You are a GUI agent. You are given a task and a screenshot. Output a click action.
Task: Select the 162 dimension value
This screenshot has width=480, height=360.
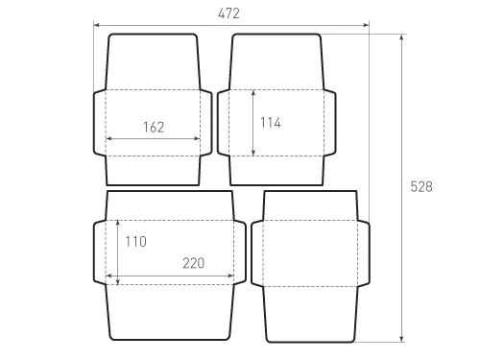pos(153,127)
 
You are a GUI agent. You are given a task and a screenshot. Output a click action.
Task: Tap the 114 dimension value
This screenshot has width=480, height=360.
pos(270,122)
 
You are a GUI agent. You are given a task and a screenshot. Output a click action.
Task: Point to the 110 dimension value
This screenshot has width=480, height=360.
pos(135,242)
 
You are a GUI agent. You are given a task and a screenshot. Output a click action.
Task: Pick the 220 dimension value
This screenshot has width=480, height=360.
pos(195,263)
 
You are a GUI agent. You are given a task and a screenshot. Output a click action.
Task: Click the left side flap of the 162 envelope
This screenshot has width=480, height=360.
pos(99,122)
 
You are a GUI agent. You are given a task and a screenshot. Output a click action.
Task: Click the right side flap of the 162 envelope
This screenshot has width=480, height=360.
pos(206,122)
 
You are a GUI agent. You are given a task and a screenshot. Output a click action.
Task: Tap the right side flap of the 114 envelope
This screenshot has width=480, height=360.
pos(331,122)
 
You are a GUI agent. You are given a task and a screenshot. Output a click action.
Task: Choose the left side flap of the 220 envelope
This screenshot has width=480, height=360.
pos(100,252)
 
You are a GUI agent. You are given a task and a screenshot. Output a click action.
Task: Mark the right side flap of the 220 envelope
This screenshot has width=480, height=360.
pos(240,252)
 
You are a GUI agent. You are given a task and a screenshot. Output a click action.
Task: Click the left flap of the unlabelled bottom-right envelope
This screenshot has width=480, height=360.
pos(256,252)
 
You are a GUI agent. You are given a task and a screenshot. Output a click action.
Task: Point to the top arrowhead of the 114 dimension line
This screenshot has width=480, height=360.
pos(252,93)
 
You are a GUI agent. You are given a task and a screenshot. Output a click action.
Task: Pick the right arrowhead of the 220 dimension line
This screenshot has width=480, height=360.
pos(230,277)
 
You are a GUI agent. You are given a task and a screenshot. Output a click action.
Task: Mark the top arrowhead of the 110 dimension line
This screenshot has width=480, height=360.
pos(116,224)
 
